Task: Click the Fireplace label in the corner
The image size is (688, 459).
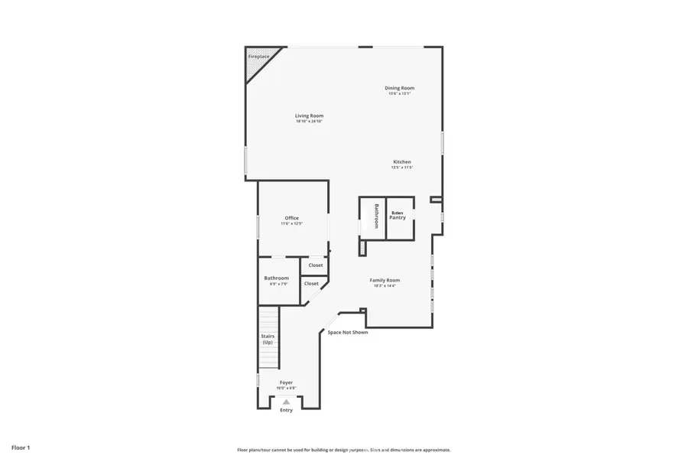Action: click(x=259, y=57)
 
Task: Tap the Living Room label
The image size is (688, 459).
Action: click(x=310, y=116)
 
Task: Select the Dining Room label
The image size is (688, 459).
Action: click(x=399, y=88)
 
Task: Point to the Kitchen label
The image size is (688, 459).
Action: click(x=402, y=161)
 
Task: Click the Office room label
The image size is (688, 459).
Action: click(x=292, y=218)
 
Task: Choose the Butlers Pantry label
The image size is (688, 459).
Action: click(x=398, y=216)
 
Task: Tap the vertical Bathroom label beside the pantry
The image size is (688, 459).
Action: click(x=376, y=216)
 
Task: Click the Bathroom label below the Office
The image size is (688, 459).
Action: click(x=276, y=278)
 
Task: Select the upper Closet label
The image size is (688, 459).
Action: click(x=316, y=265)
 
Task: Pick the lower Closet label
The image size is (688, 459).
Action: click(x=311, y=283)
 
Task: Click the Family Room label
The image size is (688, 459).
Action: click(x=386, y=280)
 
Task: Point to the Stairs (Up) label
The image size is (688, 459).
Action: click(x=268, y=339)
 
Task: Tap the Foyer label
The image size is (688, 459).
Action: click(x=286, y=382)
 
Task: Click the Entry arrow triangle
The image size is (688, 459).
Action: click(x=286, y=401)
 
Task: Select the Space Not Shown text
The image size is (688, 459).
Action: click(x=348, y=332)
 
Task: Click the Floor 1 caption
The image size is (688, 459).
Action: click(x=21, y=447)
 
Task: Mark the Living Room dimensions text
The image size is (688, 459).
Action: click(x=310, y=122)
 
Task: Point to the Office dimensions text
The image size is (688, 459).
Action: click(x=292, y=224)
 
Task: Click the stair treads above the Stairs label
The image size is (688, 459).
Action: click(x=268, y=317)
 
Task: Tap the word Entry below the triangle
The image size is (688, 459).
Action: click(x=286, y=410)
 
